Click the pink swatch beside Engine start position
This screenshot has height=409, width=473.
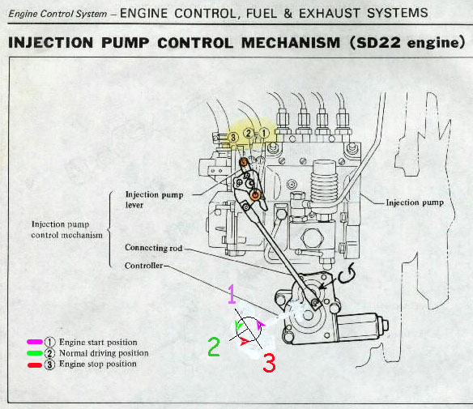(35, 342)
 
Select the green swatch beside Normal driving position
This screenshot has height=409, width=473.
(35, 353)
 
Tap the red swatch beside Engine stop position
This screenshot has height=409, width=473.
(35, 365)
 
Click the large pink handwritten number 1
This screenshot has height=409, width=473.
(232, 294)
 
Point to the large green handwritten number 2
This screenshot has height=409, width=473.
(214, 347)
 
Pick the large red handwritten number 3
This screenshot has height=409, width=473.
(269, 363)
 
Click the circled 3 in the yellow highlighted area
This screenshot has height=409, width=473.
(233, 138)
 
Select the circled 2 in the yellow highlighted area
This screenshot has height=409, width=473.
(249, 133)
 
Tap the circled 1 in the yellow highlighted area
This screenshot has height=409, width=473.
(264, 133)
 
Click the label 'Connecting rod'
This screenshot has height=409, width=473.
(154, 248)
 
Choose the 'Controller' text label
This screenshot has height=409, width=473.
(143, 266)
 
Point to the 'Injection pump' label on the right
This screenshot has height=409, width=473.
(415, 202)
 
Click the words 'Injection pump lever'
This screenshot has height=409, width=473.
(154, 199)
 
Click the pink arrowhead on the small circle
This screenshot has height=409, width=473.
(261, 325)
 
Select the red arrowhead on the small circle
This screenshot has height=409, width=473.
(245, 342)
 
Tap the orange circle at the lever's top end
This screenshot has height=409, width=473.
(244, 163)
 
